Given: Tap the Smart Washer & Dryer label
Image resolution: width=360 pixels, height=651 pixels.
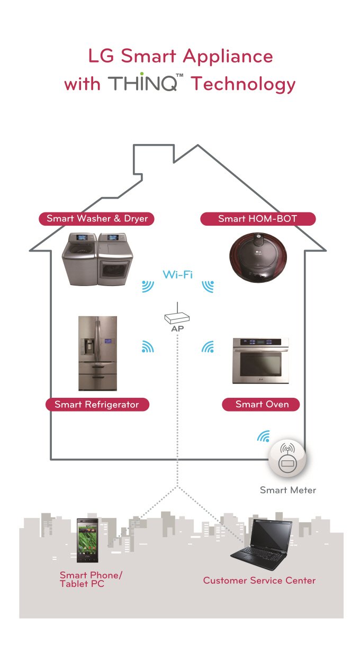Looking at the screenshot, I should [x=97, y=218].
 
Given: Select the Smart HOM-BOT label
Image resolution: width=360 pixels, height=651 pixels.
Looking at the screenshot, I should [x=258, y=218].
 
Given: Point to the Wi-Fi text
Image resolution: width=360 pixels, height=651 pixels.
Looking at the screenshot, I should [x=177, y=274].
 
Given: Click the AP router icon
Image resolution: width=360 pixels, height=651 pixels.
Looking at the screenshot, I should [x=177, y=317].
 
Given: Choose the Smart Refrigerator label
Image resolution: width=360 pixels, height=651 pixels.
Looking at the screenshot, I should [x=97, y=405].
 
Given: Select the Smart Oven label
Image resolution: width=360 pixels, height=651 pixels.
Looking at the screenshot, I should [x=262, y=405].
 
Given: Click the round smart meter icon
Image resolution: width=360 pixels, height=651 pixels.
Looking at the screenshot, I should [x=287, y=458].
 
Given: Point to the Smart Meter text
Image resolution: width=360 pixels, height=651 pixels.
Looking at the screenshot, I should [x=288, y=491].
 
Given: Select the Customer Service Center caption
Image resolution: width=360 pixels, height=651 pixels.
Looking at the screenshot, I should [x=259, y=581].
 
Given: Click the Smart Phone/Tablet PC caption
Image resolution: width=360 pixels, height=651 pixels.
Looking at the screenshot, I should [x=87, y=579].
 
